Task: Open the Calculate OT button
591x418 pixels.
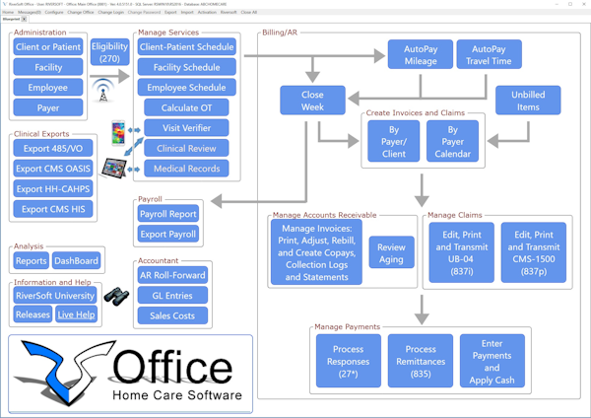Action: click(187, 107)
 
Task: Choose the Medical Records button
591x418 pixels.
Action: click(187, 169)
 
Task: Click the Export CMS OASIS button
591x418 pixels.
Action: click(55, 169)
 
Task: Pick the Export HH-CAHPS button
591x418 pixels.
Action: click(55, 188)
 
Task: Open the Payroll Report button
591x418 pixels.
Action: click(166, 214)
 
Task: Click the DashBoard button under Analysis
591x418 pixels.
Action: click(76, 261)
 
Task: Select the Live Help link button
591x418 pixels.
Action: click(76, 314)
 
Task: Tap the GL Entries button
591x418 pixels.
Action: click(172, 295)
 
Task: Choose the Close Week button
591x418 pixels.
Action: click(312, 101)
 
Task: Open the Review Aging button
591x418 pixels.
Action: click(391, 251)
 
